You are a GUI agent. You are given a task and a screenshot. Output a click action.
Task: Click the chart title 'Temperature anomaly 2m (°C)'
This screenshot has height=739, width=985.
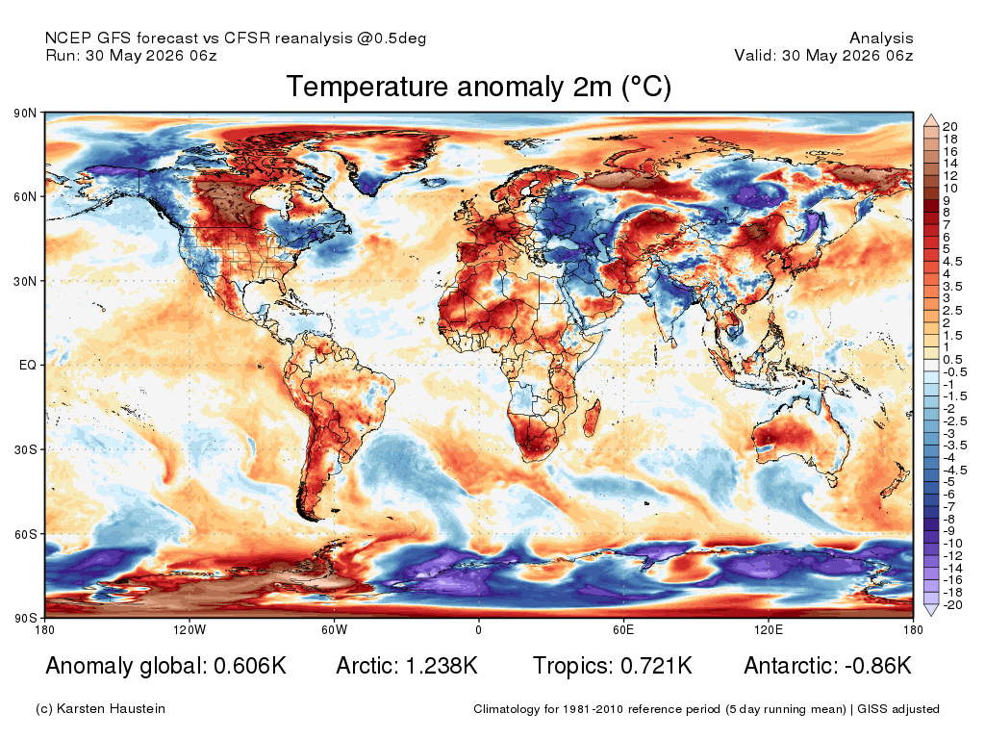[479, 87]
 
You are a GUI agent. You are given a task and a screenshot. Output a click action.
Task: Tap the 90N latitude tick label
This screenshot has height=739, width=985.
[25, 114]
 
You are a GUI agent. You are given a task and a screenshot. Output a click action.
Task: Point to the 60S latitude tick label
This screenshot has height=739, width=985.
[25, 534]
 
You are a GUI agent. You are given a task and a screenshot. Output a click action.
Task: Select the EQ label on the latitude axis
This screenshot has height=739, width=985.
[28, 365]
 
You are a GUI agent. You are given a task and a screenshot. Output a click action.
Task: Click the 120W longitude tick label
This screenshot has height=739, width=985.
[189, 629]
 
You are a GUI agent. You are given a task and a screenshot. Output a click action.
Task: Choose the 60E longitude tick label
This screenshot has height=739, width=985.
[623, 629]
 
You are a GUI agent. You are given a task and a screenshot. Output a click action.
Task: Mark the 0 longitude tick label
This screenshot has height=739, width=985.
[479, 629]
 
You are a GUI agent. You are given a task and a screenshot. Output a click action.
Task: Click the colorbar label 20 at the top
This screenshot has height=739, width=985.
[949, 127]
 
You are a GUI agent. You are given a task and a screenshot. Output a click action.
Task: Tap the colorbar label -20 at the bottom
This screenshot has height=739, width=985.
[952, 605]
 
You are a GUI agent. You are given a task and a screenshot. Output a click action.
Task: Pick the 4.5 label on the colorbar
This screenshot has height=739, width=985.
[952, 262]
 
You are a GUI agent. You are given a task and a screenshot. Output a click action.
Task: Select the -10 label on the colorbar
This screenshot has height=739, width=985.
[952, 544]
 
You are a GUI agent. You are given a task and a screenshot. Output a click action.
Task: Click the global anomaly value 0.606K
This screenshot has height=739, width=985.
[250, 666]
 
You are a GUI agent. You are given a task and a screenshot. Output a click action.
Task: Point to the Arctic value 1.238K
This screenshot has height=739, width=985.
[442, 666]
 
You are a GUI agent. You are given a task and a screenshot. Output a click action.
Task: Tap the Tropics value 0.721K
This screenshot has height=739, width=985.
[656, 666]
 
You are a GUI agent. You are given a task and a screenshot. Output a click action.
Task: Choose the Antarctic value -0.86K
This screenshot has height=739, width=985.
[878, 666]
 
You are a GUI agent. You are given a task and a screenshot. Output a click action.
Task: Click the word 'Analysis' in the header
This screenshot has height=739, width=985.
[881, 38]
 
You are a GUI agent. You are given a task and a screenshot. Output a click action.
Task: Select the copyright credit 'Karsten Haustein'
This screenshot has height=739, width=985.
[112, 709]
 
